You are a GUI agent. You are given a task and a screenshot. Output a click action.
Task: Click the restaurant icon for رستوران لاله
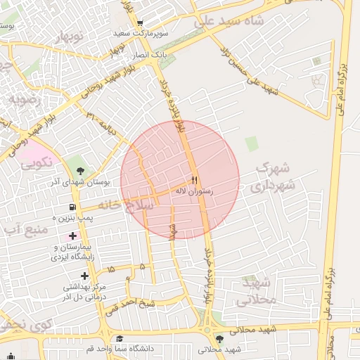[195, 179]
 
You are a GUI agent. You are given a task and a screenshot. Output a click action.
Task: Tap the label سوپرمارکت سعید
[165, 34]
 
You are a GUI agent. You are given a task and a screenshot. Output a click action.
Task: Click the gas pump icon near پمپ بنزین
[72, 207]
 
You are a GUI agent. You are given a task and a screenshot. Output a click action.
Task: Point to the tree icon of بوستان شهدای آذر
[79, 170]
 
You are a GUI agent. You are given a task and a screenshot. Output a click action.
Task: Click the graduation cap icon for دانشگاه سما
[119, 338]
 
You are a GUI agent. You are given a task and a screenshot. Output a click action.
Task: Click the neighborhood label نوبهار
[67, 36]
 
